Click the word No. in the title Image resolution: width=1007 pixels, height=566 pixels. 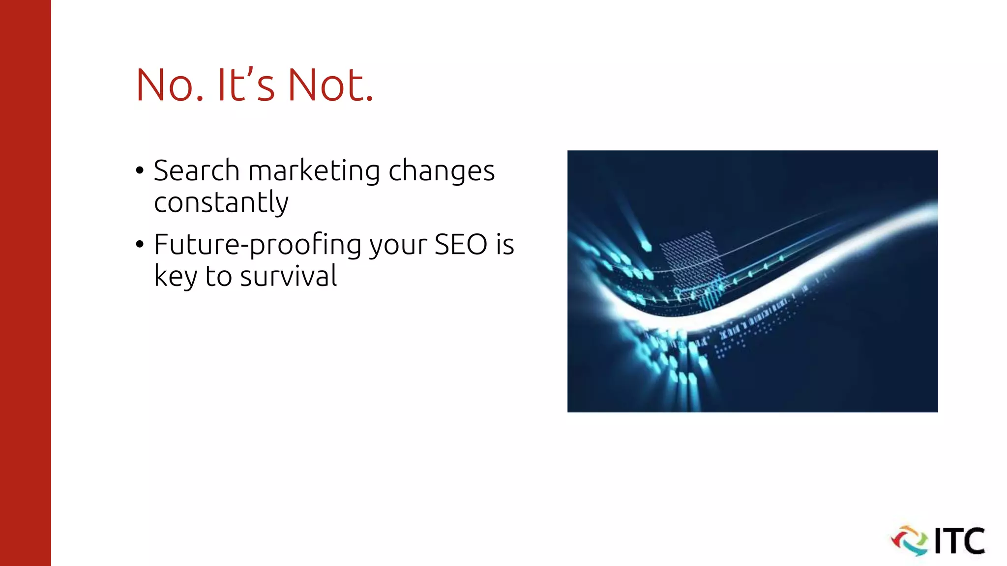[x=169, y=85]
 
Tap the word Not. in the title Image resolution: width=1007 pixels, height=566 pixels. [x=330, y=85]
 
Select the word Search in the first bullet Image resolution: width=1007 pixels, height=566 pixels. [x=196, y=170]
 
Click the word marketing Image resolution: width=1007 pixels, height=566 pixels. [x=314, y=171]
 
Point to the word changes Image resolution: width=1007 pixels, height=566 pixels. [x=441, y=171]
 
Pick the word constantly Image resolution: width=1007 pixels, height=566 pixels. [x=221, y=202]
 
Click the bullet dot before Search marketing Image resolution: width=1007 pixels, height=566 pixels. [x=140, y=170]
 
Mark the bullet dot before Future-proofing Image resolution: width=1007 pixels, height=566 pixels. [x=140, y=244]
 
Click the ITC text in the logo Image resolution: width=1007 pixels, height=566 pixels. [x=959, y=541]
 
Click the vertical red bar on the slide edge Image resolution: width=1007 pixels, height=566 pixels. [x=25, y=283]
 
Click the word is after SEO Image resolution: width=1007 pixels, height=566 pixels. [x=504, y=244]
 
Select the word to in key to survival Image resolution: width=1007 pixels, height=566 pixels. [x=218, y=276]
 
